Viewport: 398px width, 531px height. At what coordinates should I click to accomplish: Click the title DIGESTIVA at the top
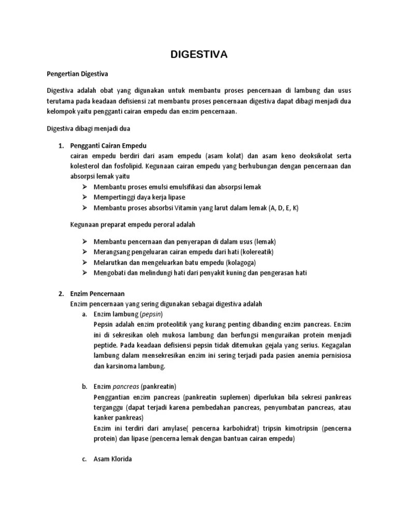pyautogui.click(x=200, y=54)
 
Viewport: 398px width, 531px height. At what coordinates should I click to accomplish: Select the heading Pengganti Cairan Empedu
pyautogui.click(x=112, y=146)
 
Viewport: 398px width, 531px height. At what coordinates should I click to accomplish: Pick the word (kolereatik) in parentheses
pyautogui.click(x=254, y=251)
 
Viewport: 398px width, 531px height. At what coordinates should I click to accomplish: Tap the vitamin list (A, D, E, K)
pyautogui.click(x=283, y=208)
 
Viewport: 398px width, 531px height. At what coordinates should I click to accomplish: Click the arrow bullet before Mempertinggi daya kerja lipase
pyautogui.click(x=85, y=197)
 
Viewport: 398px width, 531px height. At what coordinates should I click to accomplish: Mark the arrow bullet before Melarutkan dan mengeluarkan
pyautogui.click(x=85, y=262)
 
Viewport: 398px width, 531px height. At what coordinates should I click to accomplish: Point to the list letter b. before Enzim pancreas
pyautogui.click(x=84, y=386)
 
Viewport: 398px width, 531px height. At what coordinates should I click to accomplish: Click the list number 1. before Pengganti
pyautogui.click(x=60, y=146)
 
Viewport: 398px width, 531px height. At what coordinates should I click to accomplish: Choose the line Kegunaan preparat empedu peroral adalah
pyautogui.click(x=133, y=225)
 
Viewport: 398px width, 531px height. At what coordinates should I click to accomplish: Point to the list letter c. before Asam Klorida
pyautogui.click(x=84, y=458)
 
